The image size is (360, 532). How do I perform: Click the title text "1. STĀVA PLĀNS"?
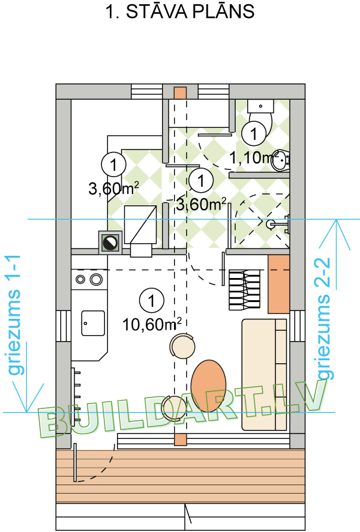coord(180,12)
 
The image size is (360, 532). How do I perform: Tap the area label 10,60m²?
coord(152,324)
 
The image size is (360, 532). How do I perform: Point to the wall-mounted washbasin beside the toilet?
coord(280,160)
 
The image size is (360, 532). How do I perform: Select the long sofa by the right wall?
coord(265,375)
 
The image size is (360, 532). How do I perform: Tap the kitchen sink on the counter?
coord(93,323)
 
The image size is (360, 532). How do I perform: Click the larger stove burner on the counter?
coord(96,279)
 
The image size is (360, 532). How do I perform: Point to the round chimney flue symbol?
coord(110,242)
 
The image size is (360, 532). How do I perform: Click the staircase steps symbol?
coord(245,289)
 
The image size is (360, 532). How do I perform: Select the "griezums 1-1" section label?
coord(14,315)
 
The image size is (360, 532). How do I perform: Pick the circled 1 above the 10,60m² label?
coord(152,301)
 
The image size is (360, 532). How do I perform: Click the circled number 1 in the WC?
coord(254,134)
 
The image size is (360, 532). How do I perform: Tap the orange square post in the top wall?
coord(180,93)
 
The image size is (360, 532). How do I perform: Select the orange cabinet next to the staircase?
coord(278,285)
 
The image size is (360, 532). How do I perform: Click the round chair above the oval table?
coord(182,345)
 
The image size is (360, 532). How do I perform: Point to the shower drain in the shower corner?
coord(270,224)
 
